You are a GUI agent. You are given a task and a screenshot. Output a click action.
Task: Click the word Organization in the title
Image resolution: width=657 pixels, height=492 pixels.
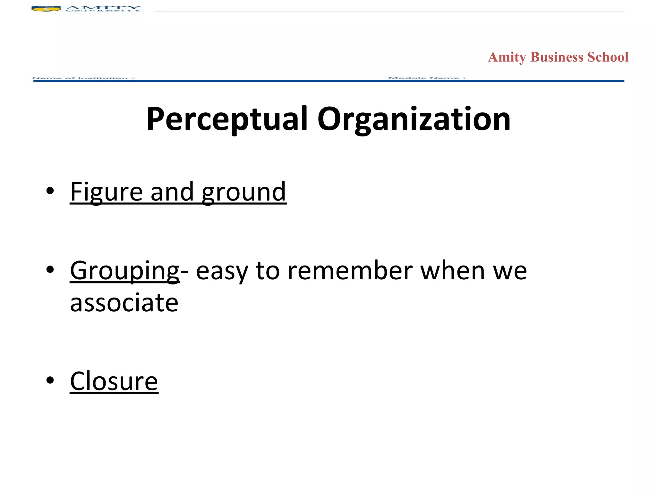pos(414,119)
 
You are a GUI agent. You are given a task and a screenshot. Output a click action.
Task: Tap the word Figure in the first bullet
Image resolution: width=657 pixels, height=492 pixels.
pos(106,192)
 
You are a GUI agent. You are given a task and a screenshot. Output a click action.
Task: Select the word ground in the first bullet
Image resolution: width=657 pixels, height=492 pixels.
pos(244,192)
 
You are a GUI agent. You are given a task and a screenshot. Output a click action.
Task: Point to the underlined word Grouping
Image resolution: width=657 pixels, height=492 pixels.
pos(124,271)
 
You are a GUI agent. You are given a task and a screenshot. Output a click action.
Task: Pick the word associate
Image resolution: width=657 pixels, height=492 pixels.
pos(124,303)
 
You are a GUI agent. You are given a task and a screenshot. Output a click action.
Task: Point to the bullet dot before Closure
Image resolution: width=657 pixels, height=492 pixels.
pos(50,380)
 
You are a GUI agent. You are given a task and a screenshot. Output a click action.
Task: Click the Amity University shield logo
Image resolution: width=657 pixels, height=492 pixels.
pos(46,9)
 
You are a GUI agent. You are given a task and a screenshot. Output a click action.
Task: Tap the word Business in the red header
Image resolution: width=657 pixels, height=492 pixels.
pos(557,57)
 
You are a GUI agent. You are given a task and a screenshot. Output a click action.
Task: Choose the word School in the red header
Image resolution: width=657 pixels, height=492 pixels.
pos(608,57)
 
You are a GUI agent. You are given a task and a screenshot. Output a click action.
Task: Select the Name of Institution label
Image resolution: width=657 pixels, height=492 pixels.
pos(83,78)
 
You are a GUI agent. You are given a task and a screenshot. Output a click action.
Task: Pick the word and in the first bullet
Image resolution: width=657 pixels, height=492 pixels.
pos(172,192)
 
